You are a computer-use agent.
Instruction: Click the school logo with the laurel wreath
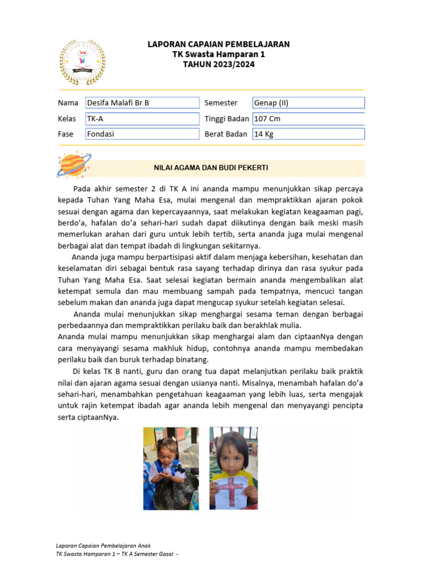click(x=83, y=62)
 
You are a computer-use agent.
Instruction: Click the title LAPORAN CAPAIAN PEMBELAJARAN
click(x=218, y=44)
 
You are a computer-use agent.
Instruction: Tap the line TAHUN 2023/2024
click(x=218, y=64)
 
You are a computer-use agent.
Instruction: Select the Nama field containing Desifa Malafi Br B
click(x=142, y=103)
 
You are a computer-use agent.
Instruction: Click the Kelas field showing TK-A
click(x=142, y=119)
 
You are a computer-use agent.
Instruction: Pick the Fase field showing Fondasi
click(x=142, y=134)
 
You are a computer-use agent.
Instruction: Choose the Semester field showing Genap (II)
click(x=308, y=103)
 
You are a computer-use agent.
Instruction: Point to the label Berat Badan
click(x=226, y=134)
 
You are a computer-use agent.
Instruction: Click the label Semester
click(x=221, y=103)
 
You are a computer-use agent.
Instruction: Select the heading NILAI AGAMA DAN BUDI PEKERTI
click(x=211, y=168)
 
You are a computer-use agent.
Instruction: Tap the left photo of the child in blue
click(x=171, y=468)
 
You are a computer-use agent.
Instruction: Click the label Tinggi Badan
click(x=226, y=119)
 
